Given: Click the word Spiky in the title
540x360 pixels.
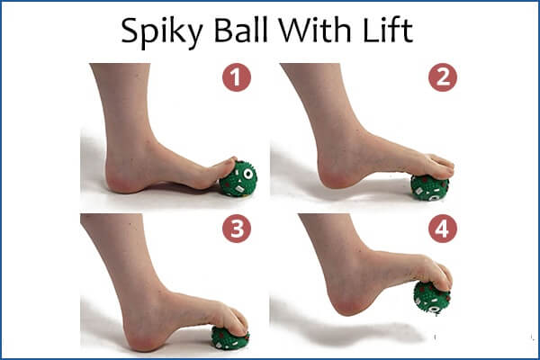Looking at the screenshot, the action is pos(162,32).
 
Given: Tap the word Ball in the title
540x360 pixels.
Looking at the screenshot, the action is pos(240,30).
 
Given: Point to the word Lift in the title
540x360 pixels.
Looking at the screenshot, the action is pos(388,30).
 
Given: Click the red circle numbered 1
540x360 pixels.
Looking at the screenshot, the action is pos(237,77).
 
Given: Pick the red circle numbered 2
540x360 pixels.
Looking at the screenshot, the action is pos(443,77).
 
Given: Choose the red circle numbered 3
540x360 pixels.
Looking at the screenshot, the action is pos(237,229).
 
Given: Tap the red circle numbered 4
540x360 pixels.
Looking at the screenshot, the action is pos(443,229).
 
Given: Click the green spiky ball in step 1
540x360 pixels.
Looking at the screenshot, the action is pos(238,179).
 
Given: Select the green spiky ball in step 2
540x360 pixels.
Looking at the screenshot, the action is pos(429,187).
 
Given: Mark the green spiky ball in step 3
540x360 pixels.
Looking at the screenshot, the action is pos(230,338).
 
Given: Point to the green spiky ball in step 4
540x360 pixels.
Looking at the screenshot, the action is pos(431,298).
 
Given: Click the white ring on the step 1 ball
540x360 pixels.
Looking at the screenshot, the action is pos(248,174).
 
